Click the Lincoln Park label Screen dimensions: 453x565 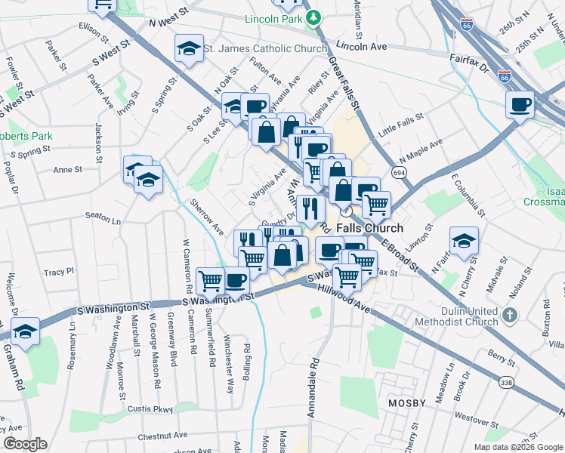tap(273, 18)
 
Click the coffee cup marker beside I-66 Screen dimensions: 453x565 tap(519, 105)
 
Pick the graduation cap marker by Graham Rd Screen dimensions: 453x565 tap(26, 331)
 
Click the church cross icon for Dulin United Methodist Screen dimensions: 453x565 tap(510, 314)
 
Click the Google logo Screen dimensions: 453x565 tap(25, 444)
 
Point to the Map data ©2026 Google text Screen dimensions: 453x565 tap(517, 447)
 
